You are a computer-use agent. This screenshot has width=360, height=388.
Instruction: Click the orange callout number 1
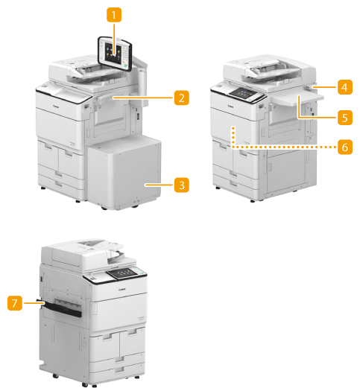point(114,15)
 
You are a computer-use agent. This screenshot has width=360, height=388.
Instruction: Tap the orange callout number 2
point(182,98)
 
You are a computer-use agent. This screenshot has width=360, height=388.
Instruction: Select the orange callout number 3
point(182,185)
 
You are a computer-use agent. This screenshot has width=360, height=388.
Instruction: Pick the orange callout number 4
point(345,87)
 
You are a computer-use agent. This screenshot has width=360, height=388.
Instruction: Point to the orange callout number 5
point(345,118)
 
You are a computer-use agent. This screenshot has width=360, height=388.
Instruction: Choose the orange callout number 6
point(345,147)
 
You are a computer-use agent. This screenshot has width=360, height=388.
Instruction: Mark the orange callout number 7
point(15,303)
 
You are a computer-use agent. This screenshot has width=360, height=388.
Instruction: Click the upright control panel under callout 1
point(115,54)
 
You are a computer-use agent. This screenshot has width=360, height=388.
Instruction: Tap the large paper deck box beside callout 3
point(124,173)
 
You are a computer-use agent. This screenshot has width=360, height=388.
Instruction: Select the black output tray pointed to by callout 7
point(61,308)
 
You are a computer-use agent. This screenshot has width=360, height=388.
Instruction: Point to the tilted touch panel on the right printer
point(246,95)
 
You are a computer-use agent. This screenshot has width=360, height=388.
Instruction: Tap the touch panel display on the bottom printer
point(124,273)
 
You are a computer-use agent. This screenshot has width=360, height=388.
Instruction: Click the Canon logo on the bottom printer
point(122,290)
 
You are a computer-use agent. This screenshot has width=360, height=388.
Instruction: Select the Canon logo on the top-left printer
point(56,106)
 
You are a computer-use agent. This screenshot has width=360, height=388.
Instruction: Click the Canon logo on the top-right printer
point(230,106)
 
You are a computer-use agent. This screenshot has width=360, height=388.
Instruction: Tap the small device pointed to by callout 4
point(309,87)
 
